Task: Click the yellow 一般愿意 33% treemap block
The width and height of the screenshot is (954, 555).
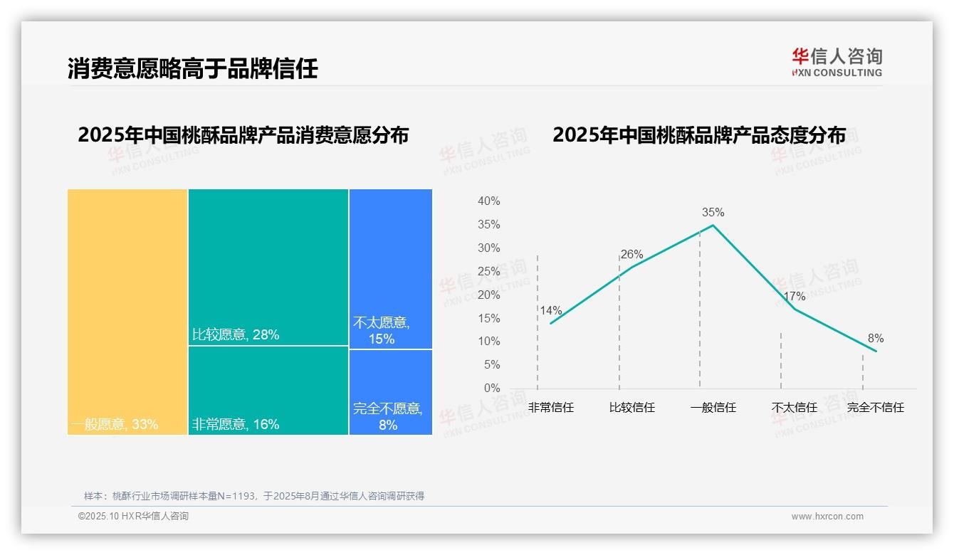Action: pyautogui.click(x=127, y=312)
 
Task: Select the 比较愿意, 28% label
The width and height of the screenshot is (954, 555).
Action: pyautogui.click(x=236, y=334)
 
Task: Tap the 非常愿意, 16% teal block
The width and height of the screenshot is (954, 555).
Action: pyautogui.click(x=268, y=391)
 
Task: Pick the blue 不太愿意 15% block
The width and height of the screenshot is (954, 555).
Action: pyautogui.click(x=390, y=269)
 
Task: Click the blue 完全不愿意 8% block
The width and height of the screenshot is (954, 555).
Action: pyautogui.click(x=390, y=392)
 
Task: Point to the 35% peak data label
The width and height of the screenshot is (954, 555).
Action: pyautogui.click(x=713, y=212)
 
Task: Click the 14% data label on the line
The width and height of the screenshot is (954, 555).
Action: pyautogui.click(x=550, y=310)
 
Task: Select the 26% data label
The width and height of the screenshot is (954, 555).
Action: pyautogui.click(x=631, y=254)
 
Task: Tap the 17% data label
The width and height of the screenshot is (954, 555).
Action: pyautogui.click(x=794, y=296)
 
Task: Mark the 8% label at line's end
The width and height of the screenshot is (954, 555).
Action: pyautogui.click(x=875, y=339)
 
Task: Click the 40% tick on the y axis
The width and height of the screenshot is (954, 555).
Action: pyautogui.click(x=488, y=201)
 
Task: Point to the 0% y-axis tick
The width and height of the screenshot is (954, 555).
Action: pyautogui.click(x=492, y=388)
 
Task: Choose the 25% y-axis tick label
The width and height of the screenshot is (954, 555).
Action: pyautogui.click(x=488, y=271)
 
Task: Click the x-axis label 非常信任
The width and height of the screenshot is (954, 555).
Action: pyautogui.click(x=550, y=408)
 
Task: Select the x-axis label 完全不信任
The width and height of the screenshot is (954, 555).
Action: pyautogui.click(x=875, y=408)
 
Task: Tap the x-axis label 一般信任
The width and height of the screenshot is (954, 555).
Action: pyautogui.click(x=713, y=408)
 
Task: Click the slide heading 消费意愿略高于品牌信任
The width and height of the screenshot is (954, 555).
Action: pyautogui.click(x=192, y=68)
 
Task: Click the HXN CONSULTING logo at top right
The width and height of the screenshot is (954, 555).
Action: pyautogui.click(x=837, y=63)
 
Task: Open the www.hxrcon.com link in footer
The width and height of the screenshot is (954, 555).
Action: pyautogui.click(x=827, y=517)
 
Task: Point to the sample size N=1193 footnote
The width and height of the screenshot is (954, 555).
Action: pyautogui.click(x=253, y=496)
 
